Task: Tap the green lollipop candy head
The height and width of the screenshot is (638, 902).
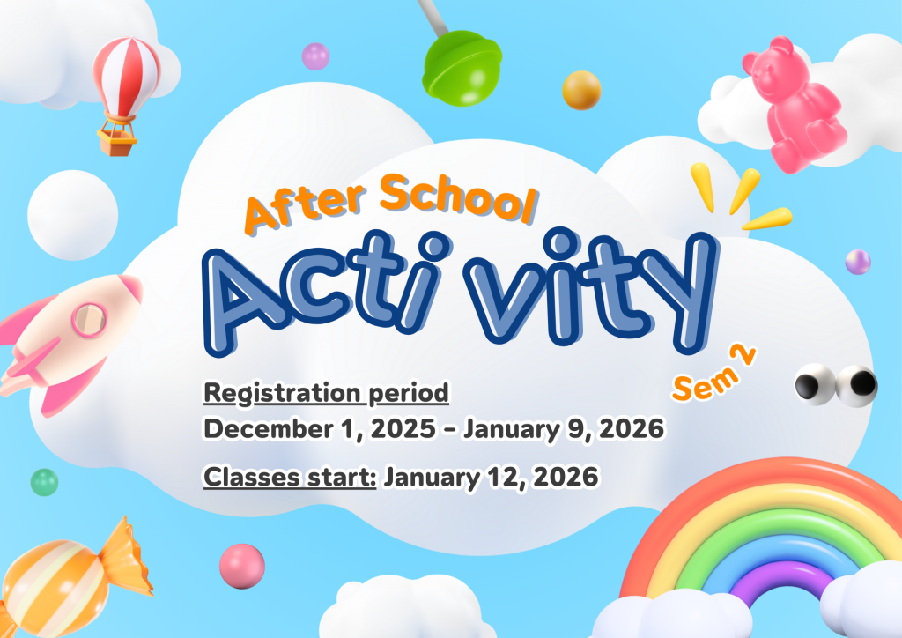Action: [462, 69]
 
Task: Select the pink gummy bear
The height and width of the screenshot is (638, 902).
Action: [794, 104]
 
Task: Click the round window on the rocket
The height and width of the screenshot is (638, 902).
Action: [89, 320]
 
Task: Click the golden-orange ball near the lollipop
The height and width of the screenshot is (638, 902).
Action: [581, 90]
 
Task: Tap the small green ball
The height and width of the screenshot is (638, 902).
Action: [44, 482]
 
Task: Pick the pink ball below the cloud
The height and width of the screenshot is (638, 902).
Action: [242, 566]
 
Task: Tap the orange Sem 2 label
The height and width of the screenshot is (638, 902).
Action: [713, 373]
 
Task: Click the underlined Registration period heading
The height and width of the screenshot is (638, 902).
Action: [326, 394]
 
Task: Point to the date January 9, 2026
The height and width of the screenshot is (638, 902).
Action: [564, 429]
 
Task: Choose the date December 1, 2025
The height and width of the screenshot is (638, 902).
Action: [319, 429]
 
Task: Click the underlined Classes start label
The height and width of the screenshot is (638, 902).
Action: [290, 478]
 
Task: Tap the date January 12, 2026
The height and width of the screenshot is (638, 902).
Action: [491, 478]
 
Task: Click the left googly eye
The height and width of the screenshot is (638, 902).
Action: [815, 383]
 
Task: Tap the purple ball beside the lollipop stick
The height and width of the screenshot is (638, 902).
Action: [316, 56]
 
